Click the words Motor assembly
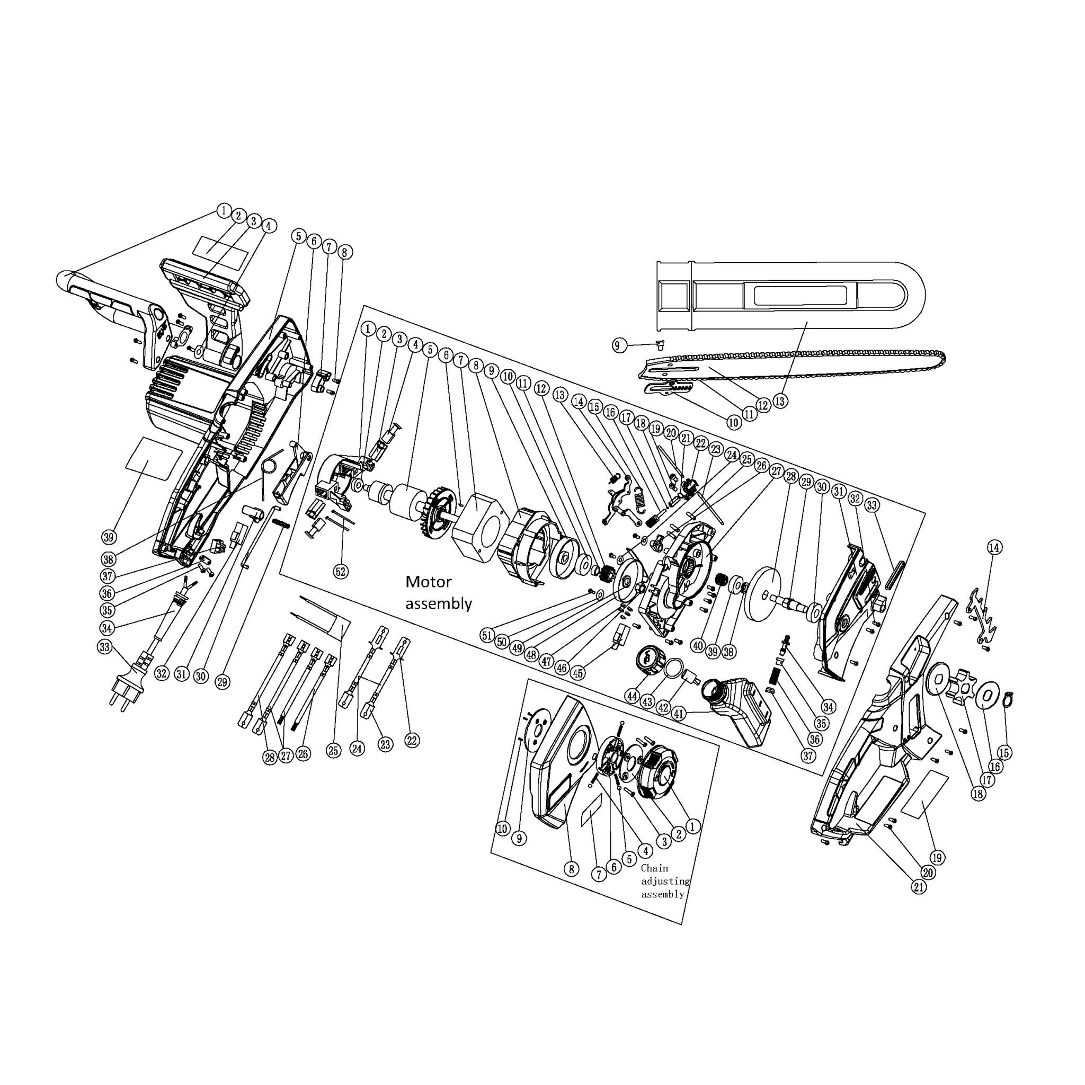tap(438, 592)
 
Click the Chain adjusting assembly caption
tap(664, 881)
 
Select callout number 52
tap(340, 572)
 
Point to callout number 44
tap(633, 696)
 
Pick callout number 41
tap(679, 714)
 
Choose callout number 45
tap(576, 672)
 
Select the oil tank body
tap(741, 708)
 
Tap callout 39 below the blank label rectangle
tap(110, 537)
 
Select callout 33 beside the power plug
tap(104, 646)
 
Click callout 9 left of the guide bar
tap(617, 345)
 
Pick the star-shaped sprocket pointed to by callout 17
tap(963, 684)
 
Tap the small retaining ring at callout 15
tap(1008, 700)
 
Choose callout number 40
tap(698, 646)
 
